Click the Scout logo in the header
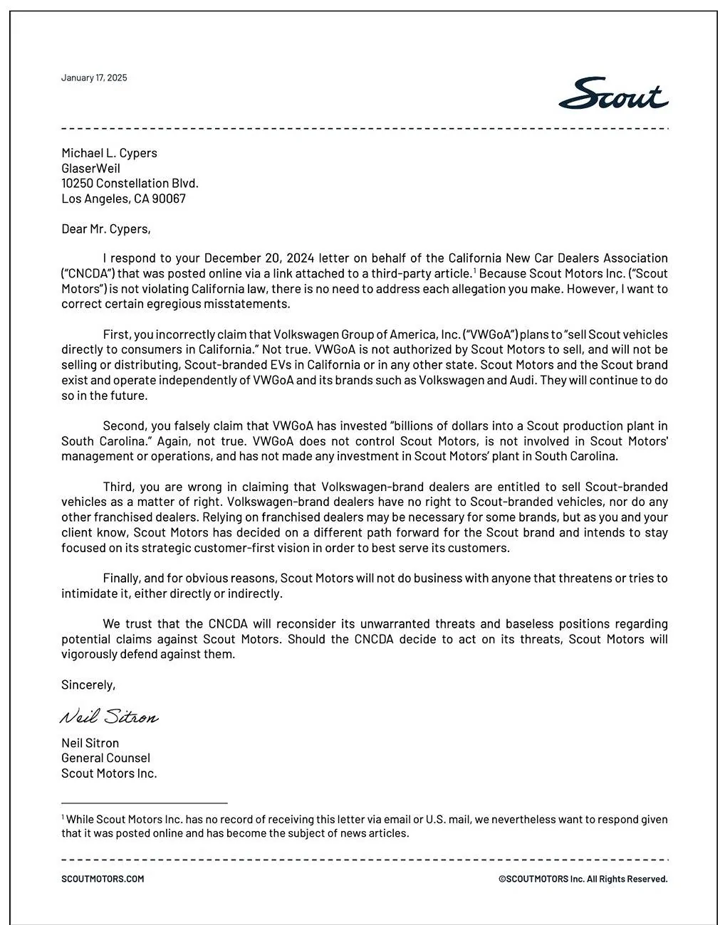[613, 94]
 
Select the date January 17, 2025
[94, 78]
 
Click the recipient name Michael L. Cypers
[109, 153]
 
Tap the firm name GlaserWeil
[90, 169]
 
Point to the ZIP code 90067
[169, 199]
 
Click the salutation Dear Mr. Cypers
[105, 229]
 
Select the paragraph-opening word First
[118, 334]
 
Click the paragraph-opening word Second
[125, 426]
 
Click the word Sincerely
[88, 684]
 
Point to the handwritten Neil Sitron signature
[109, 716]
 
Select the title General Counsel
[105, 758]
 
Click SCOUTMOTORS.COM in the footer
[103, 879]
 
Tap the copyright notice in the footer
[583, 879]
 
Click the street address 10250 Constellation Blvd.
[130, 184]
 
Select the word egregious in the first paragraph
[174, 304]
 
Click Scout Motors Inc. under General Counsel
[109, 773]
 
